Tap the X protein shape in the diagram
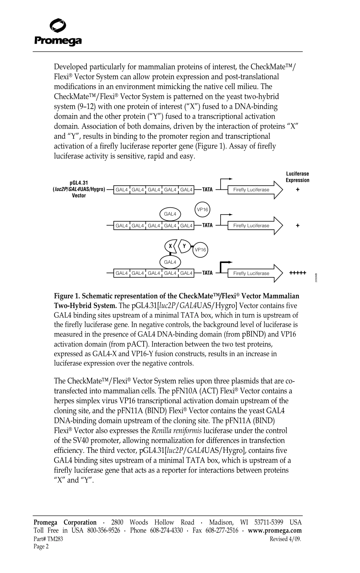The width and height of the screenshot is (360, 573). coord(170,246)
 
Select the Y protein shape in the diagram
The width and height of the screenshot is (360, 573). coord(185,246)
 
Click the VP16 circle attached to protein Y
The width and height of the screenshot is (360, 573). coord(200,249)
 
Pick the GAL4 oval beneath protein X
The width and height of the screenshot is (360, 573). coord(170,262)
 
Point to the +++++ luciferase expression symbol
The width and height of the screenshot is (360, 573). coord(297,273)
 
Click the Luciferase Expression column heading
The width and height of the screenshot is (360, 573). coord(297,177)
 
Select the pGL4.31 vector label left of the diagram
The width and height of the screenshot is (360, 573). coord(79,189)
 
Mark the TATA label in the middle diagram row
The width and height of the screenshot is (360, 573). coord(207,225)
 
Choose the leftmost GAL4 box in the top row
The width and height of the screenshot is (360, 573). coord(122,189)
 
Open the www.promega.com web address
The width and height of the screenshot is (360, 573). coord(275,531)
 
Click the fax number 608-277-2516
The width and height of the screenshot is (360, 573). coord(222,531)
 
